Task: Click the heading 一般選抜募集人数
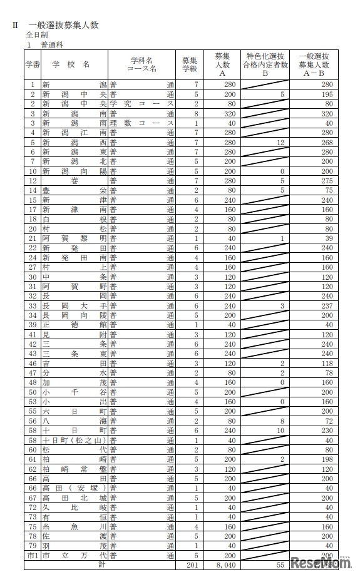(x=64, y=26)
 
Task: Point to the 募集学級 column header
(x=190, y=64)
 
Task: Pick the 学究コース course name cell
(x=141, y=103)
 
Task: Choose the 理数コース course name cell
(x=141, y=123)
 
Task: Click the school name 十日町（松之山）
(x=74, y=440)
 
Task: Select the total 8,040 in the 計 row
(x=228, y=566)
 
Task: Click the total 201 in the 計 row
(x=192, y=566)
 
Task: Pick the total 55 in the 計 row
(x=280, y=566)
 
